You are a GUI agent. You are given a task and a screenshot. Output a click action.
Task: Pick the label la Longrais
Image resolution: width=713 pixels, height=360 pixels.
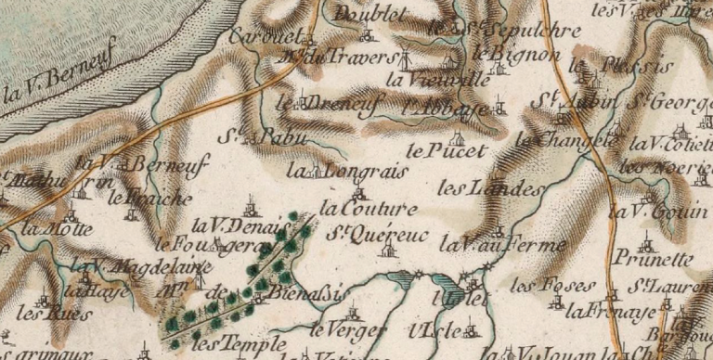[x=337, y=171]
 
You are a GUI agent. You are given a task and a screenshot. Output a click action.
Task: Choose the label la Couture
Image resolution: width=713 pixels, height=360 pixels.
[x=368, y=209]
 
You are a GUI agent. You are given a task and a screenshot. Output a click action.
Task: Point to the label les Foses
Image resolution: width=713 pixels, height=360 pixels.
[x=540, y=283]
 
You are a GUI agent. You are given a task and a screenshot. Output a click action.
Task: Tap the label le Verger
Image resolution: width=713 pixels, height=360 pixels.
[x=339, y=328]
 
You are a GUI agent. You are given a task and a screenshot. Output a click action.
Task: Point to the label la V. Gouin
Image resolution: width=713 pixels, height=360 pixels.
[x=646, y=212]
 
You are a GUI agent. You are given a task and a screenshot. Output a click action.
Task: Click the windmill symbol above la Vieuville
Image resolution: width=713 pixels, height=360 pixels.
[x=404, y=59]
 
